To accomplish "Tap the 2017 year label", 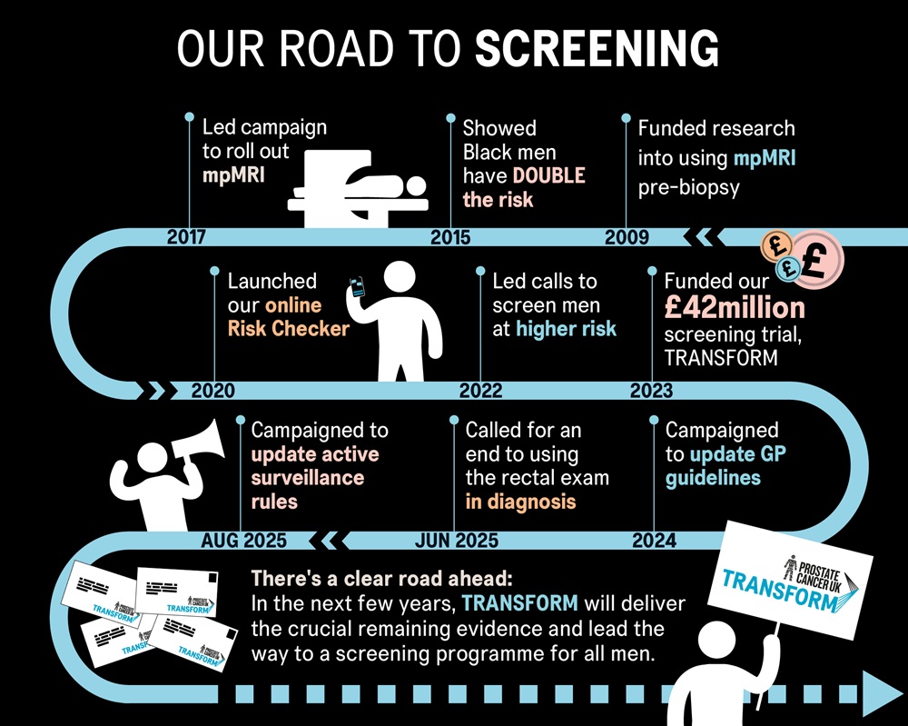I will point(186,238).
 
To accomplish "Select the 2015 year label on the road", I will point(450,238).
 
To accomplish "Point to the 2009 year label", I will point(627,238).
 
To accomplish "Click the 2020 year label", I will point(213,391).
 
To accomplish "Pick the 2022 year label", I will point(480,391).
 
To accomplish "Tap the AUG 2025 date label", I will point(243,541).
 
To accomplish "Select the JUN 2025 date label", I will point(456,541).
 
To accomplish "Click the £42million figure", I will point(735,306).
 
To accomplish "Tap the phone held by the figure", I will point(358,287).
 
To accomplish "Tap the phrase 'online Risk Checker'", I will point(289,317).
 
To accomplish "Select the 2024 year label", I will point(654,541).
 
